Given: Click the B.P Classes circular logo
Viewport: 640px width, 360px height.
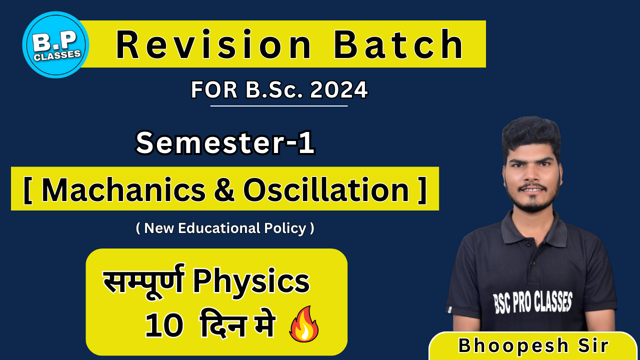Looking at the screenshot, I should click(x=55, y=45).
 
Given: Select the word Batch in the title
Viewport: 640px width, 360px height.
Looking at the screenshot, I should click(x=399, y=44).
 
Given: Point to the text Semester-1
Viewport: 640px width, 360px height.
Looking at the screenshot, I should click(x=225, y=143).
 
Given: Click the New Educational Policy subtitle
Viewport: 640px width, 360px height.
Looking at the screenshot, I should click(x=225, y=228).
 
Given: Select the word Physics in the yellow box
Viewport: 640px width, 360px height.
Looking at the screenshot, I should click(x=251, y=282).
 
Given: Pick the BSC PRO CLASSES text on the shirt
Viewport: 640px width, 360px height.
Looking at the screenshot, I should click(x=532, y=301).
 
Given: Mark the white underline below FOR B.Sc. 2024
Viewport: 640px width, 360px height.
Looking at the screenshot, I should click(x=278, y=106).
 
